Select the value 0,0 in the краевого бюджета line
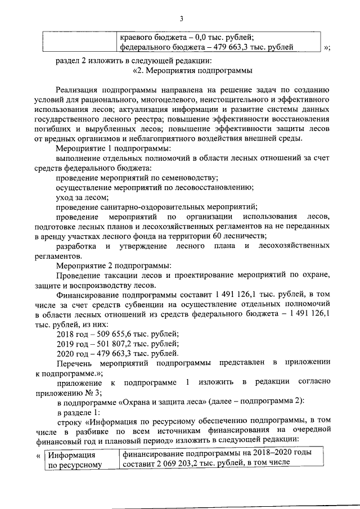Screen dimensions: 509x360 click(186, 37)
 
